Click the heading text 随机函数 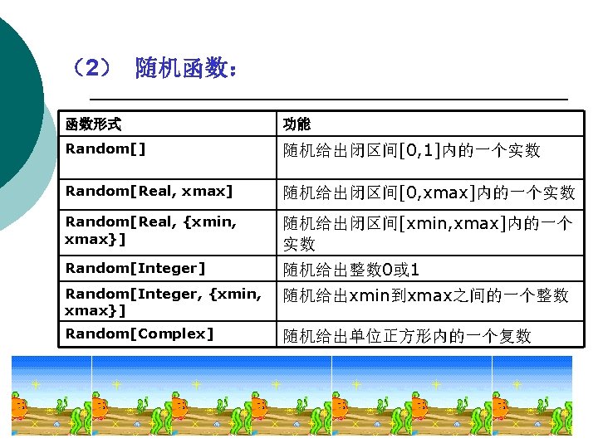coord(187,68)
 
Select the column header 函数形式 coord(93,124)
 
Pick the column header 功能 coord(297,124)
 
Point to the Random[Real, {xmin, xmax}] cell coord(150,231)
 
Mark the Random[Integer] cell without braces coord(135,268)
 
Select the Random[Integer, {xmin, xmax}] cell coord(163,302)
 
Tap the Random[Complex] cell coord(140,334)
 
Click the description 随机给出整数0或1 coord(351,270)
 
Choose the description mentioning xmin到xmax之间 coord(425,295)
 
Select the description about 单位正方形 coord(406,336)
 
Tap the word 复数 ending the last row coord(514,336)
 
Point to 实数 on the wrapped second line coord(299,244)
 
